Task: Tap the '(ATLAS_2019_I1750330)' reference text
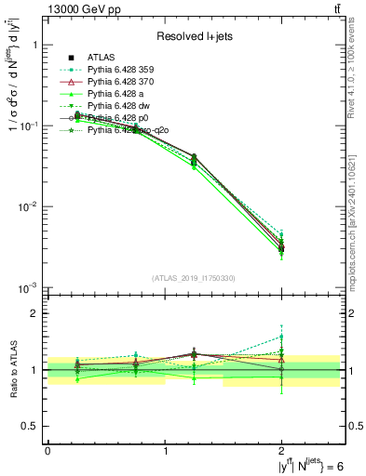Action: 193,278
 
